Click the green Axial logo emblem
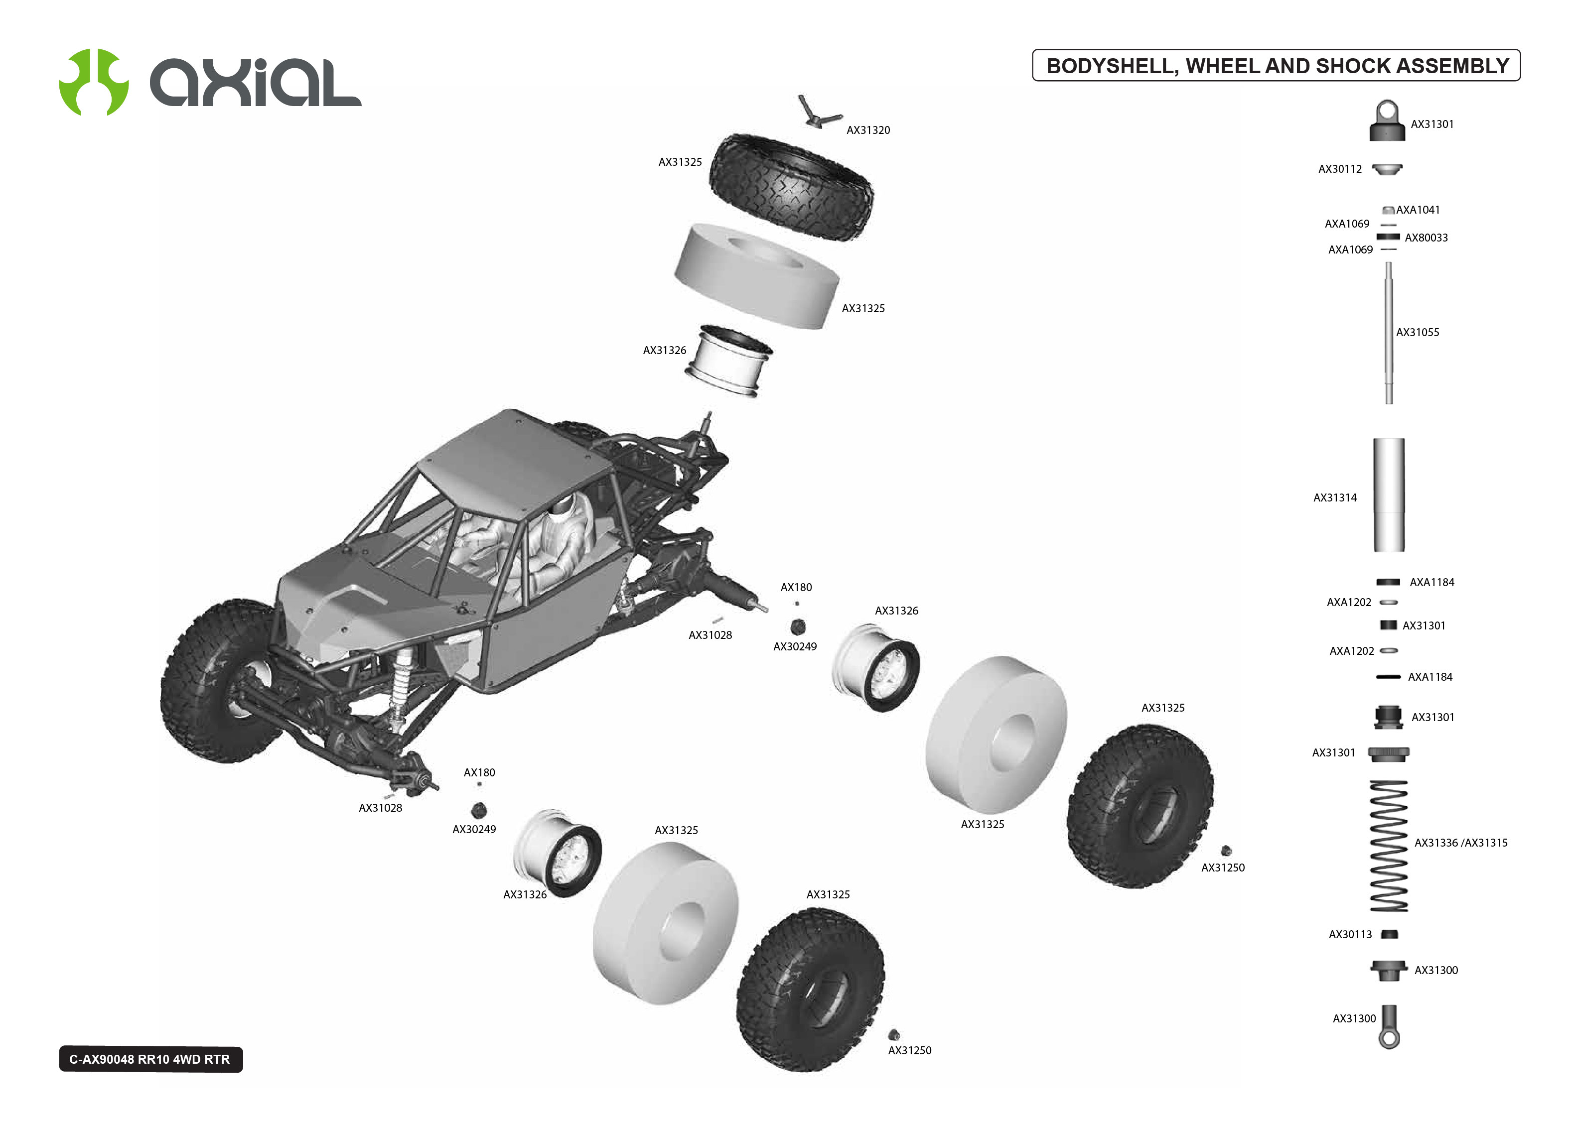click(x=94, y=82)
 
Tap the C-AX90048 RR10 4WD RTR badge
click(x=150, y=1059)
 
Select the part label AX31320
click(x=868, y=130)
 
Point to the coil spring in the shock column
click(x=1389, y=846)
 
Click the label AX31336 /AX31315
click(x=1460, y=843)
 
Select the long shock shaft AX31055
click(x=1389, y=331)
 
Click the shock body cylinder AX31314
click(x=1389, y=495)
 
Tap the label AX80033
click(x=1426, y=238)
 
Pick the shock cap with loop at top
click(x=1386, y=122)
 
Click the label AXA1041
click(x=1418, y=210)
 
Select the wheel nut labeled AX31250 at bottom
click(x=893, y=1034)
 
